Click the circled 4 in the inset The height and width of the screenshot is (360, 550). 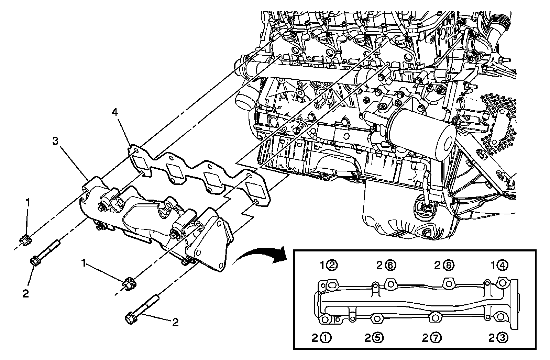[502, 265]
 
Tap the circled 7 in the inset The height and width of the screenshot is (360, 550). [436, 338]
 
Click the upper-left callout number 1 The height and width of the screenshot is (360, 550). [29, 202]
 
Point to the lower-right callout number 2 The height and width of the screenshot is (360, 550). [175, 322]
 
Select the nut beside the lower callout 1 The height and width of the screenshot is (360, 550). [129, 283]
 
